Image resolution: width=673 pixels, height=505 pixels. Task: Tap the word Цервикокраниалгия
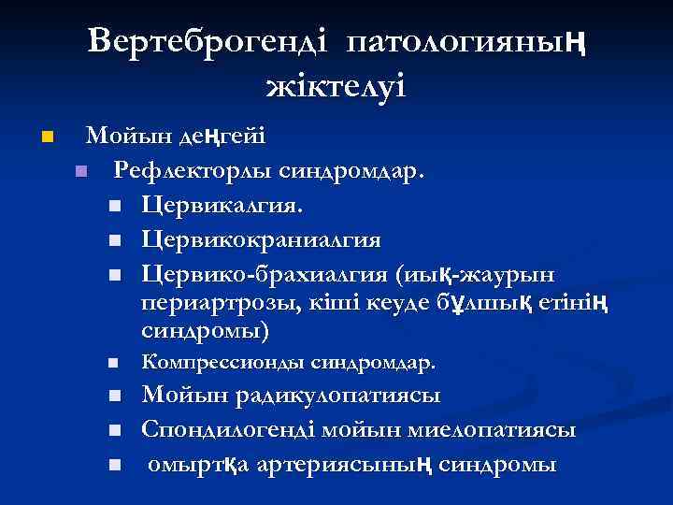tap(261, 240)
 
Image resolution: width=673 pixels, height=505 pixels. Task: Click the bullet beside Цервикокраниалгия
tap(113, 241)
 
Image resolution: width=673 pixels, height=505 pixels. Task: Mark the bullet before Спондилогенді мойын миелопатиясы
tap(113, 431)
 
